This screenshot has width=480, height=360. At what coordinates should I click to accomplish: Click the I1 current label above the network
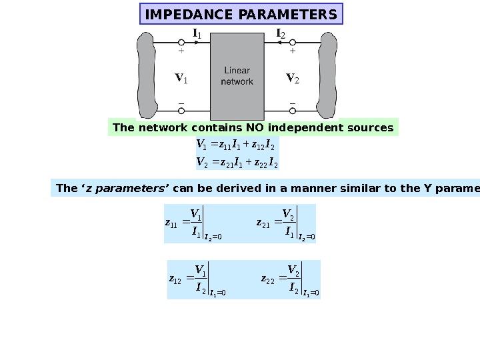pyautogui.click(x=197, y=33)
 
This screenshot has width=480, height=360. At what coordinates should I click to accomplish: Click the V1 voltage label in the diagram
pyautogui.click(x=181, y=79)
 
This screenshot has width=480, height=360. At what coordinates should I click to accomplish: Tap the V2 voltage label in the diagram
pyautogui.click(x=293, y=79)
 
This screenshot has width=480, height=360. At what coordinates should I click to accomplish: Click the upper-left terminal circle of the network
pyautogui.click(x=181, y=41)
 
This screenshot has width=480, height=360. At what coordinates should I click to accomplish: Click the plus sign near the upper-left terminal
pyautogui.click(x=181, y=51)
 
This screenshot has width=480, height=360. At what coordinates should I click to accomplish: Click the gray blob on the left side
pyautogui.click(x=147, y=75)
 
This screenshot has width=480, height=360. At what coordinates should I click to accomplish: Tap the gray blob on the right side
pyautogui.click(x=329, y=75)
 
